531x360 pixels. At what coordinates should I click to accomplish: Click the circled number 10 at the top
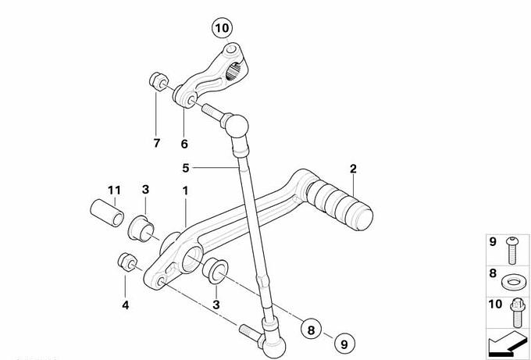click(x=222, y=28)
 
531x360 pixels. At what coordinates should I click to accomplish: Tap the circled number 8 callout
click(x=312, y=330)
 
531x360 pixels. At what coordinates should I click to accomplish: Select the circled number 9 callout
click(x=344, y=344)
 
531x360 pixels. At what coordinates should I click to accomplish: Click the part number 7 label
click(x=156, y=143)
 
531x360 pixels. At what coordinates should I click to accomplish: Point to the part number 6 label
click(x=184, y=144)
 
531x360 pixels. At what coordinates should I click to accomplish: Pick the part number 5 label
click(x=186, y=168)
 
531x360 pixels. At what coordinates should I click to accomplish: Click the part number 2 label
click(x=353, y=169)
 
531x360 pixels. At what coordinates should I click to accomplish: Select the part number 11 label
click(x=114, y=191)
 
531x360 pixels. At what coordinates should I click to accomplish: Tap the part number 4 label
click(x=125, y=305)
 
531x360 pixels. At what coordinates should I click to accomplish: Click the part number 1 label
click(x=185, y=191)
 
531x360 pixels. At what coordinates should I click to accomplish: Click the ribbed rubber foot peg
click(x=340, y=205)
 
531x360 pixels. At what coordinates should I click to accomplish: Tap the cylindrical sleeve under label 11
click(x=107, y=213)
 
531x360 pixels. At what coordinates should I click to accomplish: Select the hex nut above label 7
click(x=159, y=81)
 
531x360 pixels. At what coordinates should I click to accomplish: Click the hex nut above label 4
click(x=127, y=262)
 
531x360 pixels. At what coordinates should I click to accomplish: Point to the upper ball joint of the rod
click(x=235, y=126)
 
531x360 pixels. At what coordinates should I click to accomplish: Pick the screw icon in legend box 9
click(x=512, y=251)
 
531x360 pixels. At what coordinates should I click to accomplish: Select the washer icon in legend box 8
click(x=514, y=282)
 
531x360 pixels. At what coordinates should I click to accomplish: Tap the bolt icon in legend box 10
click(x=516, y=312)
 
